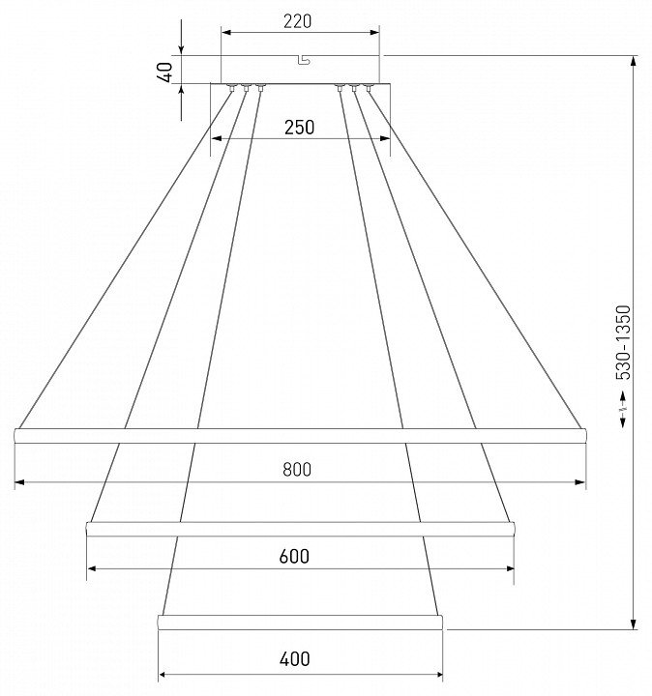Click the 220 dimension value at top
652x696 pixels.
point(298,21)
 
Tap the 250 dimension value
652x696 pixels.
point(299,128)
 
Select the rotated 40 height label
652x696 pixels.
point(165,72)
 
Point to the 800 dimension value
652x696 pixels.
point(297,470)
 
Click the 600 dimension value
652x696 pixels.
point(294,556)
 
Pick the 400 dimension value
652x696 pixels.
point(295,659)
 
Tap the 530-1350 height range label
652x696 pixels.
point(623,342)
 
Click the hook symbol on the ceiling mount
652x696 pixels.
point(305,60)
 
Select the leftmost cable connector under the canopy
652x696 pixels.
point(231,87)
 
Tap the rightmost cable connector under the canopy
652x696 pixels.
point(369,87)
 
